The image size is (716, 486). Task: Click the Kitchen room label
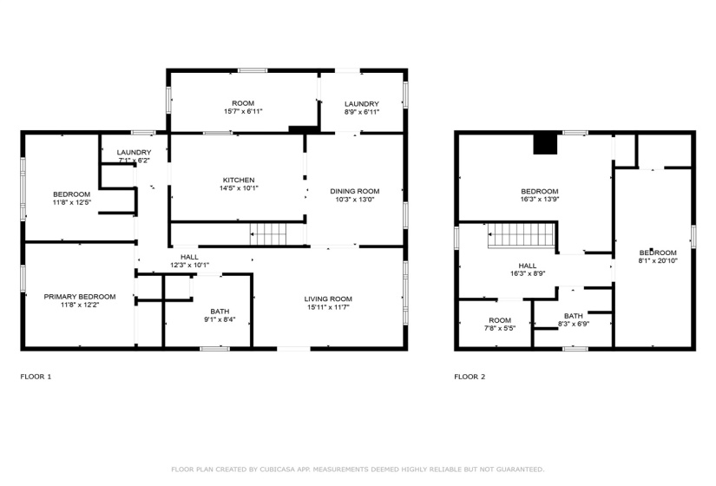[x=238, y=180]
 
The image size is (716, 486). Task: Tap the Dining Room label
[x=354, y=191]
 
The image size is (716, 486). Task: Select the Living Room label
[x=327, y=299]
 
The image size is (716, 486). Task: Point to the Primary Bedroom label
[x=78, y=297]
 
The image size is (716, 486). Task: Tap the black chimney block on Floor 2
[x=545, y=144]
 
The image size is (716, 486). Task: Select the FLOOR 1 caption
[x=36, y=378]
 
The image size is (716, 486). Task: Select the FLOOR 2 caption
[x=470, y=378]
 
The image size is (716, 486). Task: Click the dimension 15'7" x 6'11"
[x=243, y=111]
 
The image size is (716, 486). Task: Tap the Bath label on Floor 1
[x=220, y=312]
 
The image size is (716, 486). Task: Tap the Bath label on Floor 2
[x=573, y=316]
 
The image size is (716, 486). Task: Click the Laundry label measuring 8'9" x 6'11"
[x=361, y=103]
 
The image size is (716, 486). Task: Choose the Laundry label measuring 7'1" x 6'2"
[x=134, y=152]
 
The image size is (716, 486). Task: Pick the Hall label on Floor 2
[x=527, y=266]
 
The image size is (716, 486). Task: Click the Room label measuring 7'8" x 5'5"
[x=499, y=320]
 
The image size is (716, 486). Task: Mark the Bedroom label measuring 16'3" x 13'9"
[x=539, y=191]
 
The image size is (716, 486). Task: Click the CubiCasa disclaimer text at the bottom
[x=358, y=469]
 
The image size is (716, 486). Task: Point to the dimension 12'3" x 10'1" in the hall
[x=189, y=266]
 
